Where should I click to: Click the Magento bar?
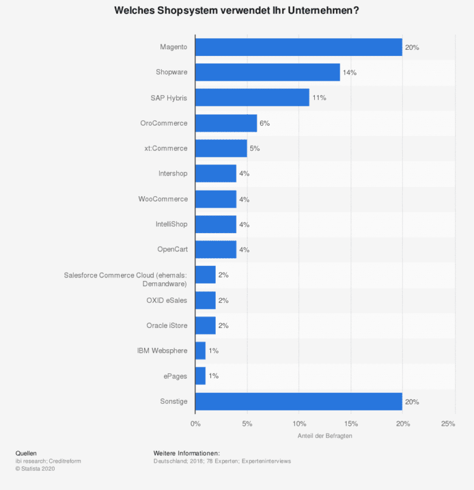coord(298,47)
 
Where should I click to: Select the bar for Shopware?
coord(267,72)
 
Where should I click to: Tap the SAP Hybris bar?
coord(252,97)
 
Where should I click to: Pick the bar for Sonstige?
coord(298,401)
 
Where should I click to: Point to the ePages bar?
coord(201,376)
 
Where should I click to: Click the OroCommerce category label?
coord(163,123)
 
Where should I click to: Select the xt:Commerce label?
coord(166,148)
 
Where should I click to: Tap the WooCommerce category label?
coord(163,199)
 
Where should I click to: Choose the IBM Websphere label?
coord(162,351)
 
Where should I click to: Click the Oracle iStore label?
coord(167,325)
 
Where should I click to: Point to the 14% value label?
coord(349,72)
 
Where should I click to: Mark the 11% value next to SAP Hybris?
coord(319,98)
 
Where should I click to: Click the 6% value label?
coord(264,123)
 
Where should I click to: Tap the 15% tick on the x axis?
coord(351,424)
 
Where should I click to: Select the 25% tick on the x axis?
coord(448,424)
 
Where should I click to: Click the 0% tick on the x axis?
coord(195,424)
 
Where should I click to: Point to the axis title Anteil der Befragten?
coord(325,436)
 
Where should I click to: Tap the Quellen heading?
coord(26,453)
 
